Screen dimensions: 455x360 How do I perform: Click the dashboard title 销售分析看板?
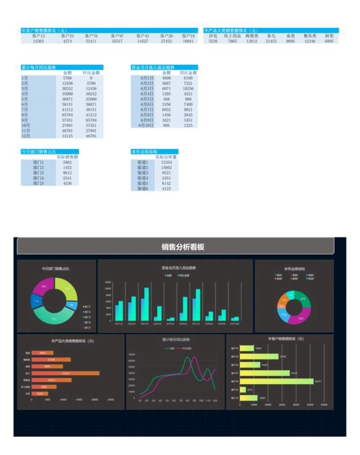(x=183, y=247)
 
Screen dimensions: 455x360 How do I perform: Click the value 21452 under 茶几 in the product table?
(x=271, y=41)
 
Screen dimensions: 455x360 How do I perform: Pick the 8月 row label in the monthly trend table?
(x=25, y=115)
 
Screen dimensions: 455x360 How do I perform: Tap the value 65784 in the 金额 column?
(x=67, y=115)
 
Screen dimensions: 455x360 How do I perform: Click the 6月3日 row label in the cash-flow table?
(x=147, y=89)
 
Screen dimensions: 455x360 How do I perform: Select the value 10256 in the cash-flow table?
(x=188, y=89)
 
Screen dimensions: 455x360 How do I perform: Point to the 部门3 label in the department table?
(x=38, y=173)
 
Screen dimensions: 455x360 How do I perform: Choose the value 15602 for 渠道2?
(x=166, y=168)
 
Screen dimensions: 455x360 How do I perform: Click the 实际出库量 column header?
(x=166, y=157)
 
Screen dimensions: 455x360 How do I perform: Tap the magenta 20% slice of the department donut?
(x=44, y=286)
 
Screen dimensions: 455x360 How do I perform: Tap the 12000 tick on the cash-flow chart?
(x=108, y=282)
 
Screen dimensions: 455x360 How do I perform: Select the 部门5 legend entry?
(x=87, y=328)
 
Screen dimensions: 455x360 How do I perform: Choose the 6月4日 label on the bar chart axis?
(x=157, y=323)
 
